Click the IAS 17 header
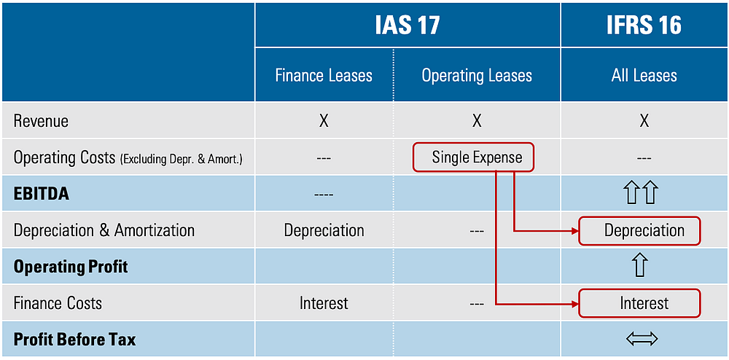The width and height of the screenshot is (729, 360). pos(408,26)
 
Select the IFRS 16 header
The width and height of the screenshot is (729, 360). pos(644,26)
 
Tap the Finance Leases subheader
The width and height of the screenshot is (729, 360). pos(324,76)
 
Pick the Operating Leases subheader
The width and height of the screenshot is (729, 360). pos(477,76)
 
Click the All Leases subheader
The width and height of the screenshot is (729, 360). pos(644,76)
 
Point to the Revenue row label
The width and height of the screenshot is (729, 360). pos(42,121)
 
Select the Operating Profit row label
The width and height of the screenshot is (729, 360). pos(71,267)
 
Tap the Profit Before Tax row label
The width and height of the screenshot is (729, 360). pos(74,340)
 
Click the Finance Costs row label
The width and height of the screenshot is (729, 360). pos(58,303)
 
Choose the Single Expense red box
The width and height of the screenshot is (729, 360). pos(477,157)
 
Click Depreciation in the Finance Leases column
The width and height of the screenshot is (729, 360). pos(324,230)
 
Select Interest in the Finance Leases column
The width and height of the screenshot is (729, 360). pos(324,303)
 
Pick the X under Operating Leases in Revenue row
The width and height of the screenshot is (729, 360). pos(477,121)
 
